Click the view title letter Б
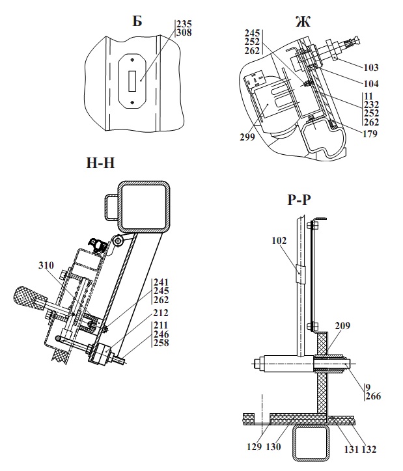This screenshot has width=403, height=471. tap(137, 21)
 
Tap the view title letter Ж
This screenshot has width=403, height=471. tap(303, 21)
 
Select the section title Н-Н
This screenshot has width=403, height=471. tap(100, 163)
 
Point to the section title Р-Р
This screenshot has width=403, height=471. tap(299, 200)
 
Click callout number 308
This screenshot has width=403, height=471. tap(184, 33)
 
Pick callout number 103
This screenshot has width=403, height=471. tap(371, 67)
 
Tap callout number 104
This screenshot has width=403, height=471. tap(371, 83)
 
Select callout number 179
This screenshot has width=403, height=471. tap(370, 133)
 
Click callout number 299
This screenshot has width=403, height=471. tap(247, 137)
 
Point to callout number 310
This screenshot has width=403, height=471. tap(46, 265)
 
